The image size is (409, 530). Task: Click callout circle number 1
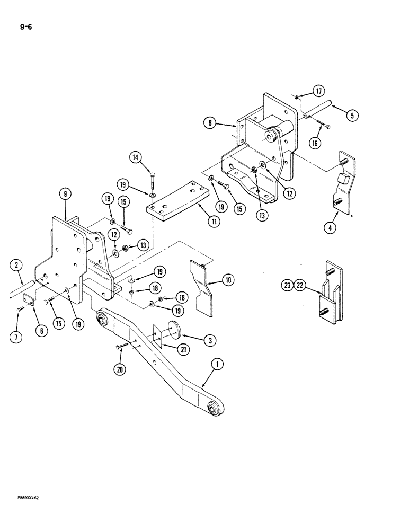(218, 364)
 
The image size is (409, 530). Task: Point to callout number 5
(350, 114)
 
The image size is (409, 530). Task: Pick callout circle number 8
(210, 123)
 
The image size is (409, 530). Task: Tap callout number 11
(213, 222)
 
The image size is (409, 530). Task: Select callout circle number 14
(135, 157)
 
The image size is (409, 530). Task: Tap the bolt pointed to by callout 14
(152, 181)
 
